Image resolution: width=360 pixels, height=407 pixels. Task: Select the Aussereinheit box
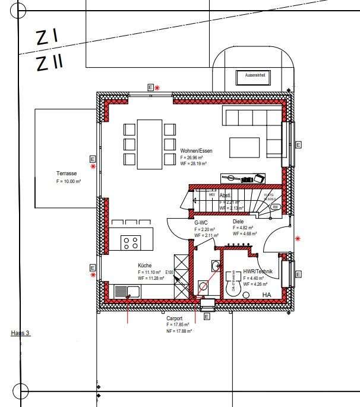pos(254,76)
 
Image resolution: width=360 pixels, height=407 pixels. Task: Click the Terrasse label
pos(67,173)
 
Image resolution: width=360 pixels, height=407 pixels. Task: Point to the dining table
pos(150,143)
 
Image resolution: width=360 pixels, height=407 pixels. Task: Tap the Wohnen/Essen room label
pos(196,151)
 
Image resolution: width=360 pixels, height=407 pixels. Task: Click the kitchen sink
pos(127,292)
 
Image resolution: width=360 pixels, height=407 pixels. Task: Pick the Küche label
pos(145,266)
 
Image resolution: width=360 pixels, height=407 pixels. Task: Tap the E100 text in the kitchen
pos(169,273)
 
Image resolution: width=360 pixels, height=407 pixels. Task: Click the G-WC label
pos(201,222)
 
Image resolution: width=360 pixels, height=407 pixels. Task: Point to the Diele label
pos(238,221)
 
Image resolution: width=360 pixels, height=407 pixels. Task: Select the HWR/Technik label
pos(258,272)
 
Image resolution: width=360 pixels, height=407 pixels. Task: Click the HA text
pos(266,295)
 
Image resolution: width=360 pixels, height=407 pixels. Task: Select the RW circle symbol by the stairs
pos(275,207)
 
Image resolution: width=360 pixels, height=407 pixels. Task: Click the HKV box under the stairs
pos(211,194)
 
